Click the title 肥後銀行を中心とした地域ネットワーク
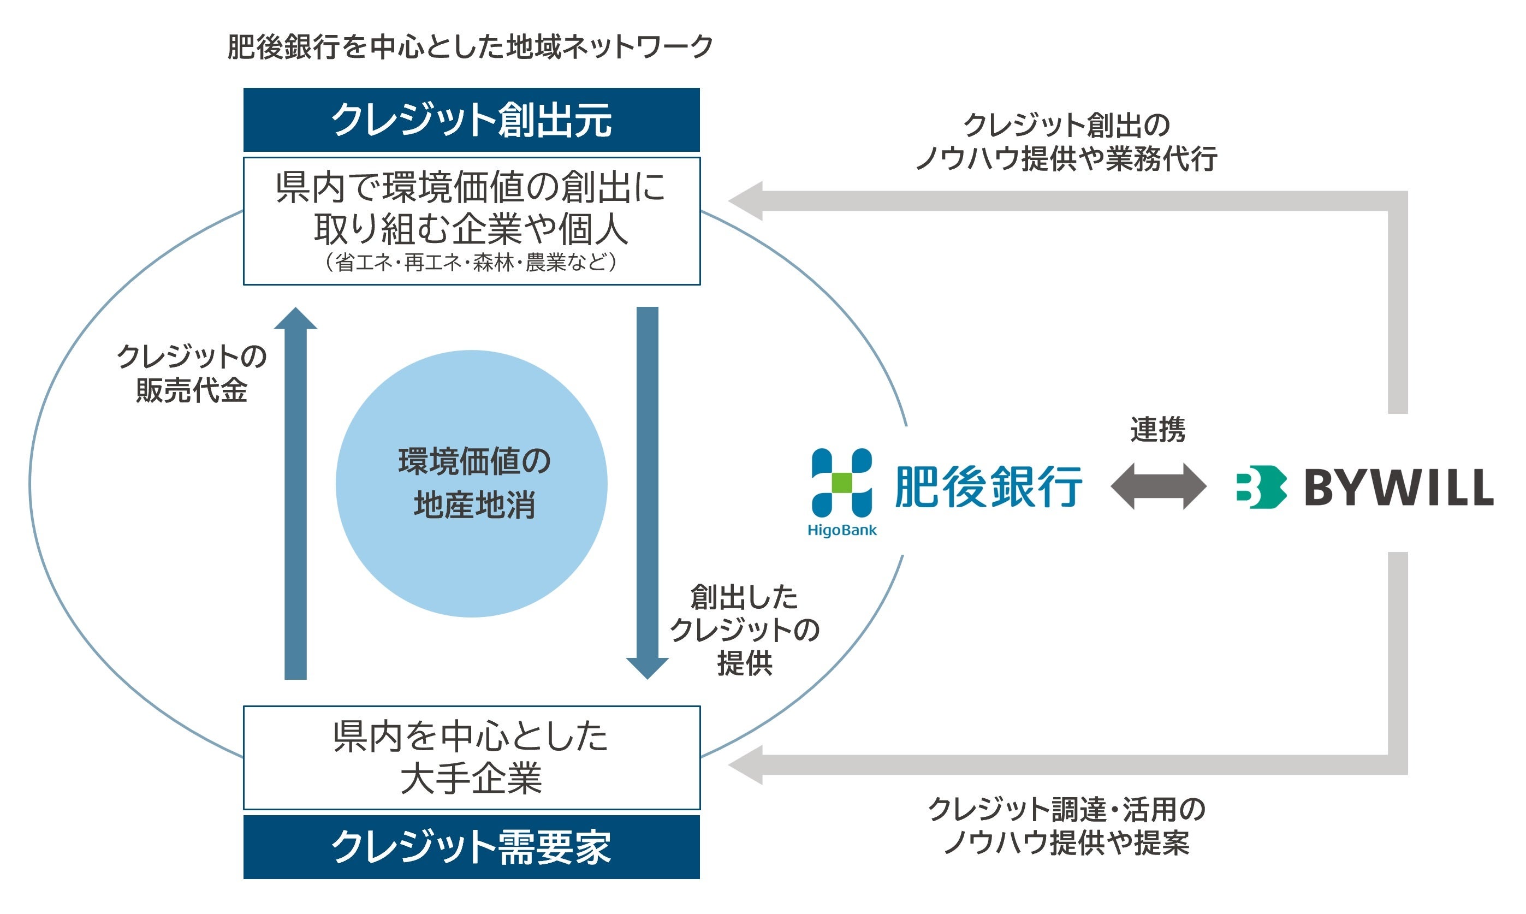[470, 47]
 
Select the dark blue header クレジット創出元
[471, 120]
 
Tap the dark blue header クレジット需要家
[471, 847]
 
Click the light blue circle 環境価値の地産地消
[471, 484]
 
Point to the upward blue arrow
[295, 492]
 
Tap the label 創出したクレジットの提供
[745, 630]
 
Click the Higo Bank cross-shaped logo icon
[841, 483]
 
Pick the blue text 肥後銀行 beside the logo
[988, 486]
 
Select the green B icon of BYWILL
[1261, 486]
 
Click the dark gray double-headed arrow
[1158, 486]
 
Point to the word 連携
[1158, 429]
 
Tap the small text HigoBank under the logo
[842, 530]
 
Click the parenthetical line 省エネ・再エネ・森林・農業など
[471, 263]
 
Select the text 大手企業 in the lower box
[471, 779]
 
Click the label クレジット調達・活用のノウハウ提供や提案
[1067, 826]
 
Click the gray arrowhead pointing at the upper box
[746, 201]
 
